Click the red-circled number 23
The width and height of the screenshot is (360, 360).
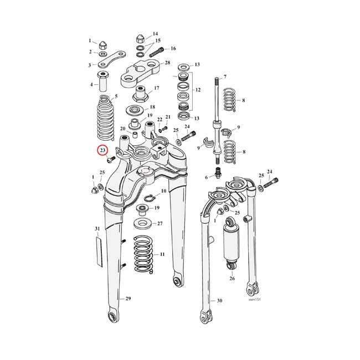[x=102, y=150]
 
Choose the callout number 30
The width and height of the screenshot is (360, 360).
[x=219, y=300]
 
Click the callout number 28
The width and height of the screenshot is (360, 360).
[x=167, y=64]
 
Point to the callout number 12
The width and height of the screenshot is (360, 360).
[x=197, y=90]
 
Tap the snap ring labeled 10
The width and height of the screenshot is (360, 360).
[x=150, y=197]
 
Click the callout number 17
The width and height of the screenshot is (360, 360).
[x=157, y=89]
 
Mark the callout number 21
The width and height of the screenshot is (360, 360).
[x=168, y=117]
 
